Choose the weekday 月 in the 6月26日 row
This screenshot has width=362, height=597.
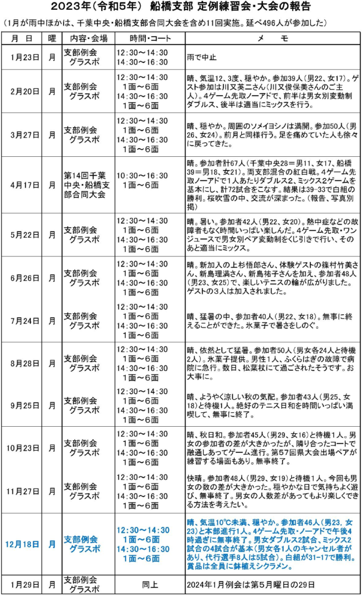coord(52,278)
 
